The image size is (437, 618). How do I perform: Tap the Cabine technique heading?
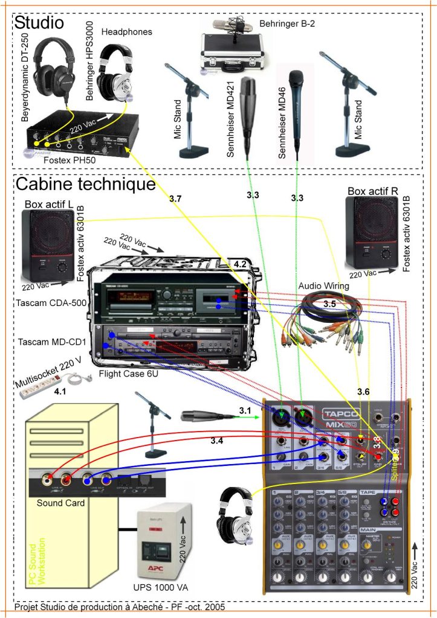(86, 183)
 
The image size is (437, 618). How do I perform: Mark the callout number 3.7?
(175, 199)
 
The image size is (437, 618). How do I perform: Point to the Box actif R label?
(372, 191)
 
